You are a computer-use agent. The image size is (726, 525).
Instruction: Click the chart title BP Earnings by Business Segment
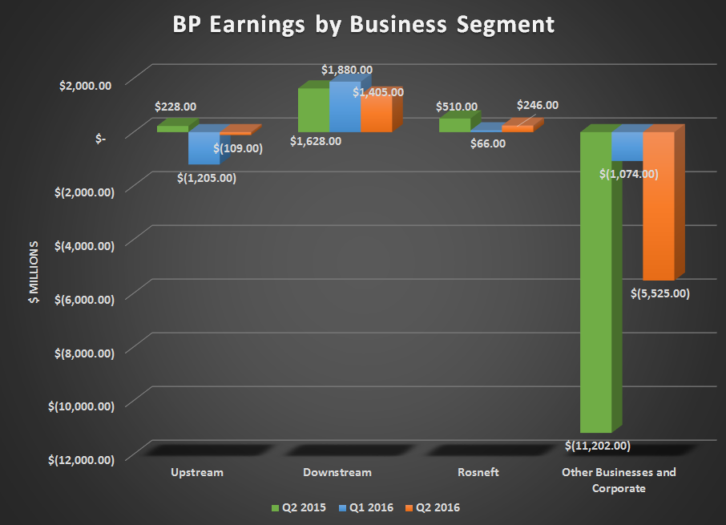point(363,25)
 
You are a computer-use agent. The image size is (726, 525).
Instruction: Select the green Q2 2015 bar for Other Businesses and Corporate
point(595,281)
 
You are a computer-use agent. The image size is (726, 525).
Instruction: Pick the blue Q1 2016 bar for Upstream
point(204,147)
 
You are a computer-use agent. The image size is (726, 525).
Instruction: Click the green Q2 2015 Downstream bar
point(313,110)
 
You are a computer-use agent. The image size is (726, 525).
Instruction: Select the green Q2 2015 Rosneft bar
point(454,125)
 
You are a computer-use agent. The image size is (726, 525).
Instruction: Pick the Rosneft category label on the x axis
point(478,472)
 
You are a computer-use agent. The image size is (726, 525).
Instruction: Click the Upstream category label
point(198,472)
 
